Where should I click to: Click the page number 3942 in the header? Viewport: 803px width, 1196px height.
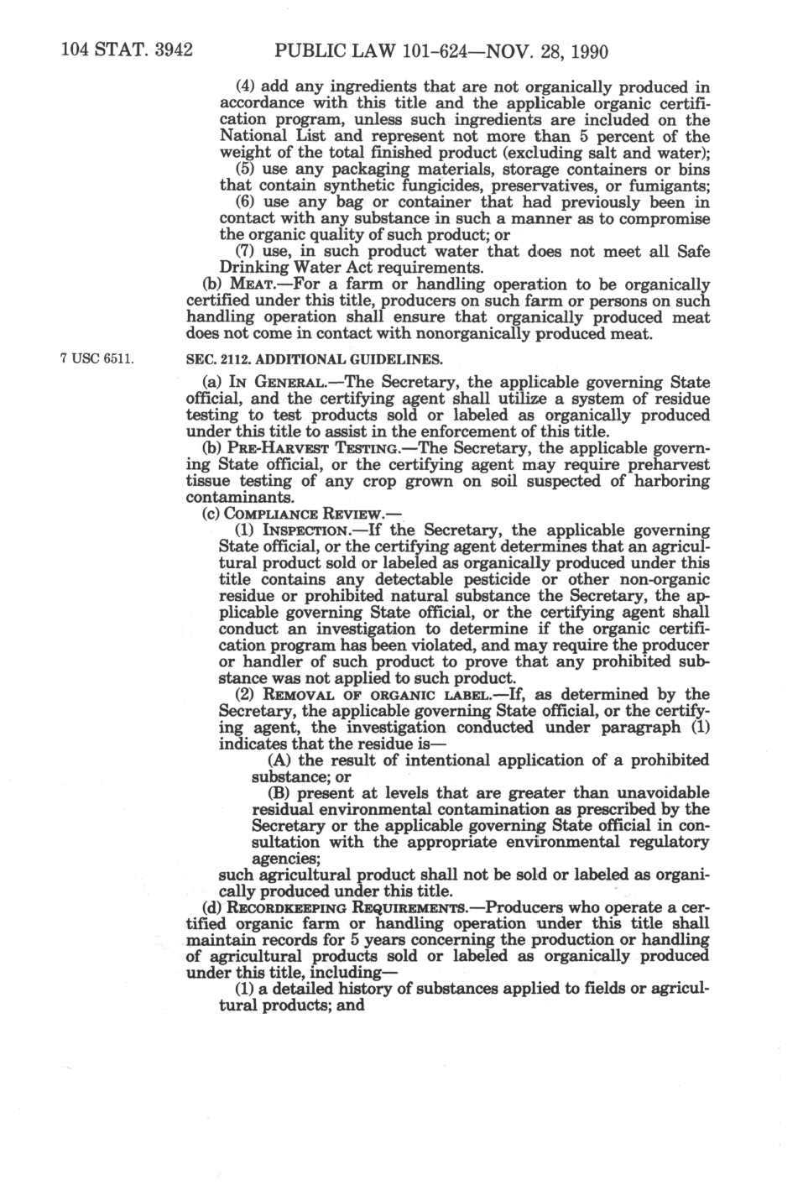pos(167,49)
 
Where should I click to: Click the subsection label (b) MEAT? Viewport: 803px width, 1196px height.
pos(229,285)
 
